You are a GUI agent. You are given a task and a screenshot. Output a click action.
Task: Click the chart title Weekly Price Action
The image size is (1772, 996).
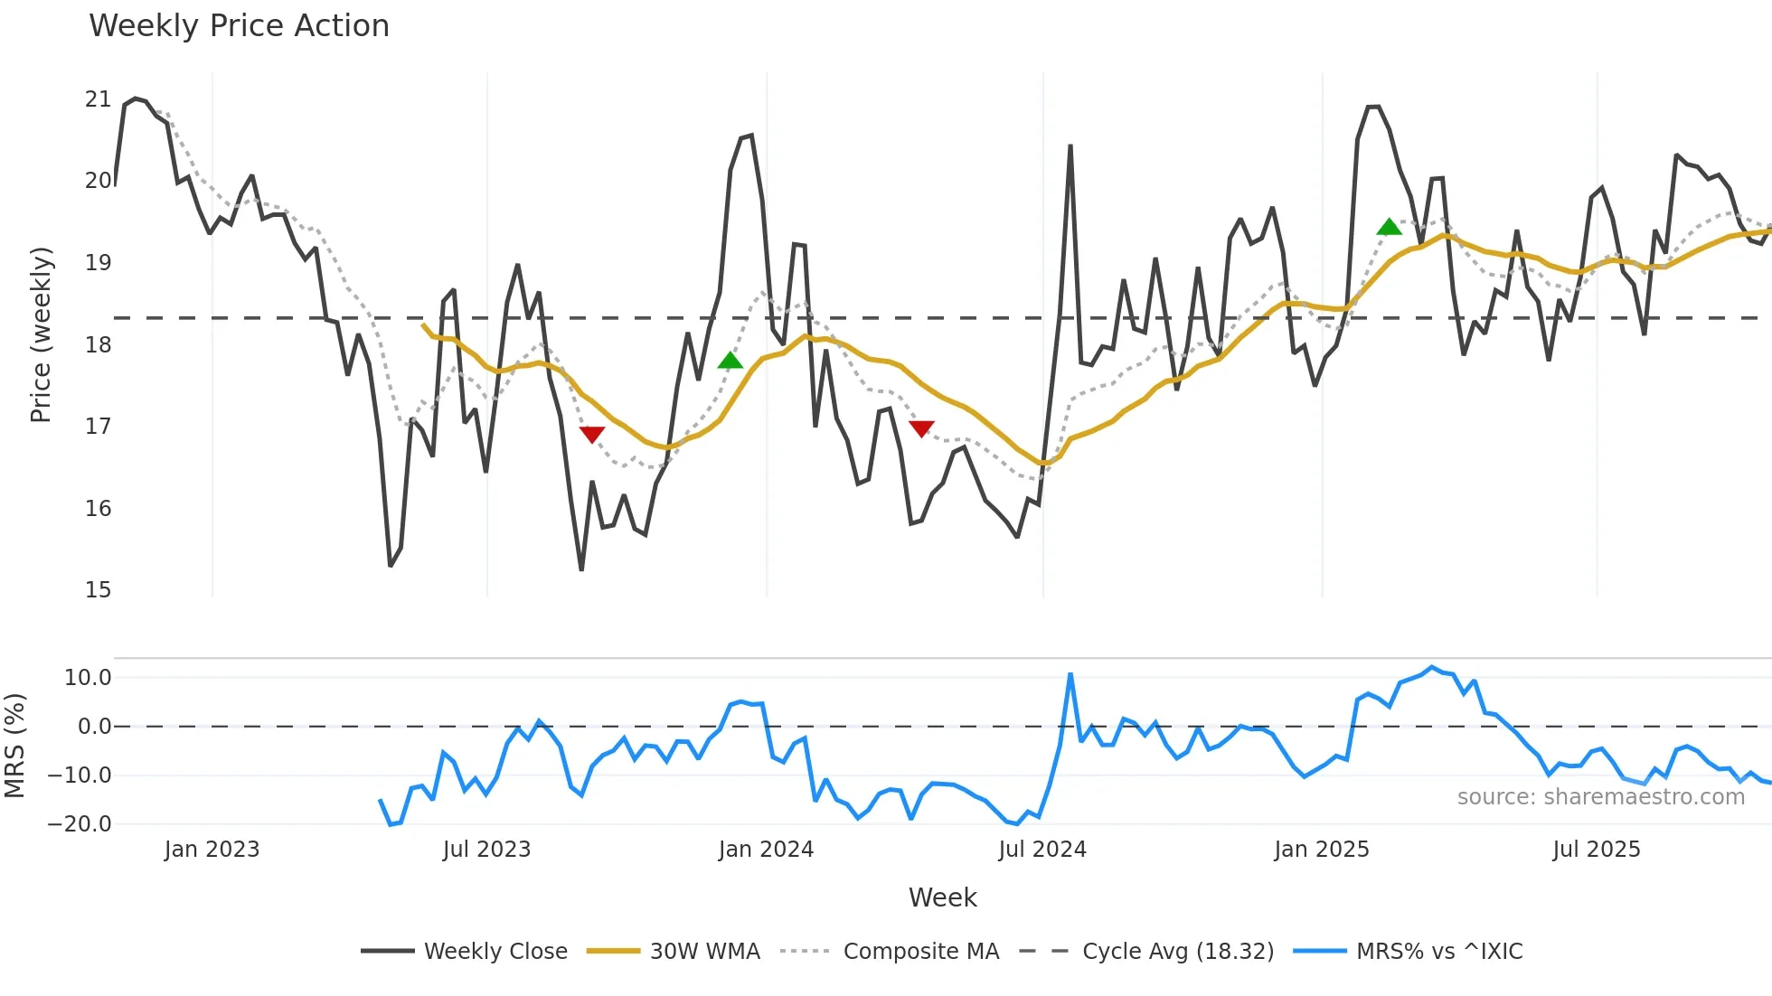click(x=239, y=26)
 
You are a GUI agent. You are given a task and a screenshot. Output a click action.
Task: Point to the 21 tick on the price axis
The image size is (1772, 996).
click(x=98, y=99)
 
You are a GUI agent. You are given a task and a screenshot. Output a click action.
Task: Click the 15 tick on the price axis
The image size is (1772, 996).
click(x=98, y=590)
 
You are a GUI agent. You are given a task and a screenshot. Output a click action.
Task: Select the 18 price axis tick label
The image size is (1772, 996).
click(x=98, y=345)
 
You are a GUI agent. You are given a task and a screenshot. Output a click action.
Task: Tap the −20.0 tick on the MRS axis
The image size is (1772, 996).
click(x=80, y=824)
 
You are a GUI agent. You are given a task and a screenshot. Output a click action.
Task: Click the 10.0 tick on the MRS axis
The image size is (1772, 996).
click(x=88, y=678)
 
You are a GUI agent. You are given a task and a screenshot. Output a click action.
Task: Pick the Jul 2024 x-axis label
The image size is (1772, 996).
click(x=1042, y=850)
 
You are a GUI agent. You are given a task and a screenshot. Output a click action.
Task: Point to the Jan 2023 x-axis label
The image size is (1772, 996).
click(x=212, y=850)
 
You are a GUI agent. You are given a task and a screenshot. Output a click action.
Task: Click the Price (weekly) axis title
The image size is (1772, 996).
click(x=41, y=334)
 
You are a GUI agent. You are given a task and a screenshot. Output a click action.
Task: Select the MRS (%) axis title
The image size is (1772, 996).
click(x=14, y=746)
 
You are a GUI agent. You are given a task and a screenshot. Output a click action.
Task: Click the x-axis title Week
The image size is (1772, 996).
click(x=942, y=897)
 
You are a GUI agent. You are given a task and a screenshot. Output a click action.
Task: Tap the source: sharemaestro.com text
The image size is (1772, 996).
click(x=1600, y=797)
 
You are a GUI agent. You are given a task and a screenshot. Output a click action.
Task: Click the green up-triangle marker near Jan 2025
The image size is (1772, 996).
click(x=1389, y=227)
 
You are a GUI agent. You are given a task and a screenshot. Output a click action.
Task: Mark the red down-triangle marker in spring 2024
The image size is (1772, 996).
click(x=921, y=428)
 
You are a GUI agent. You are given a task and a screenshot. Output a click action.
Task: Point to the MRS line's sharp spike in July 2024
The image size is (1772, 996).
click(x=1070, y=675)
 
